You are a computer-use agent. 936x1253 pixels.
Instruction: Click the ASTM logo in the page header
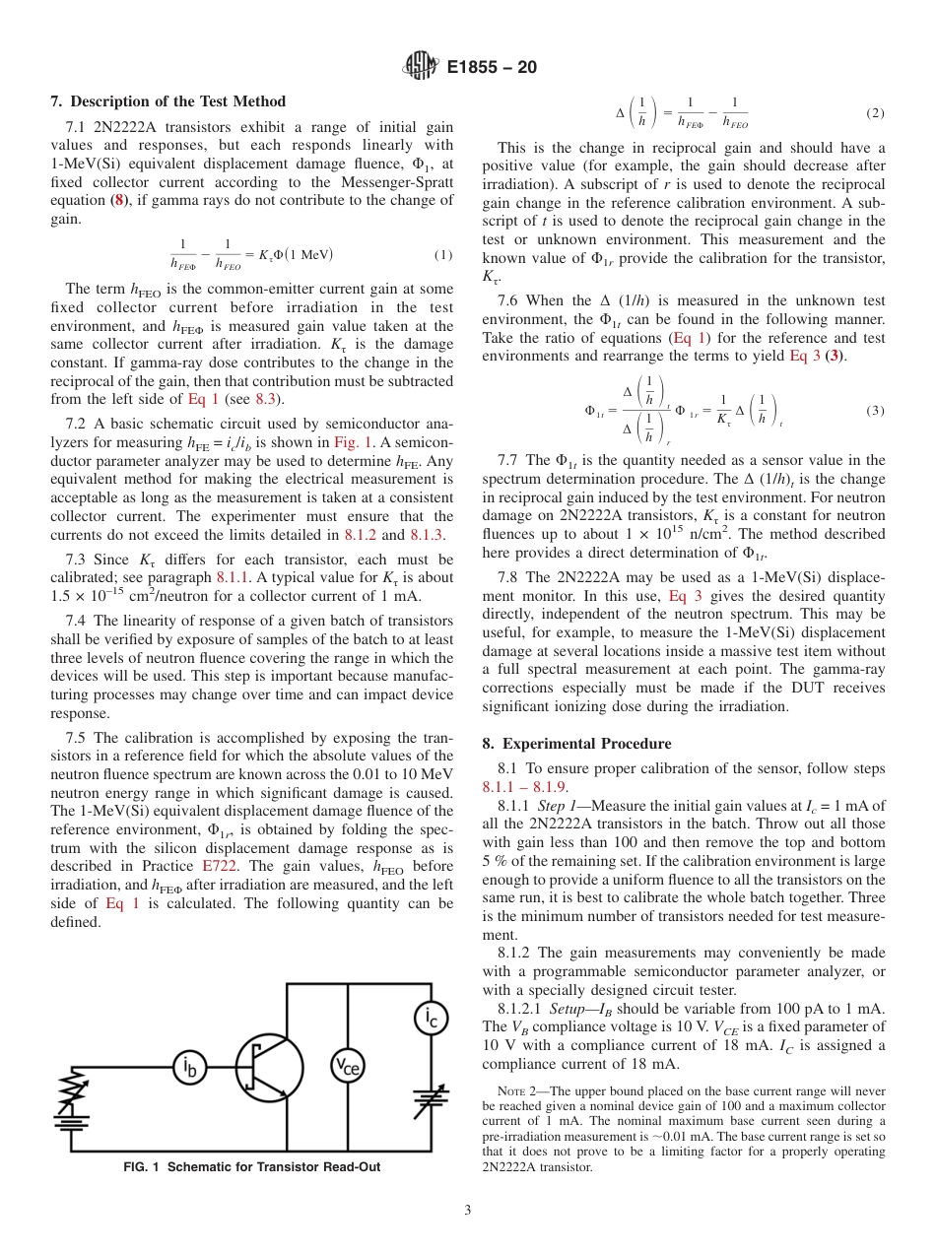421,67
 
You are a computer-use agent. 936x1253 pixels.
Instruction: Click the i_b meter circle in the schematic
191,1066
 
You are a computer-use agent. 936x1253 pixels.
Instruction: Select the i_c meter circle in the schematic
431,1018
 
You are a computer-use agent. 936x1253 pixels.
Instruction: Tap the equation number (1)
443,255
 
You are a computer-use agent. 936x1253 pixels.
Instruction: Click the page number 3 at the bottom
468,1210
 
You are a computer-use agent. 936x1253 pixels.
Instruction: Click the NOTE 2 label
516,1091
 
